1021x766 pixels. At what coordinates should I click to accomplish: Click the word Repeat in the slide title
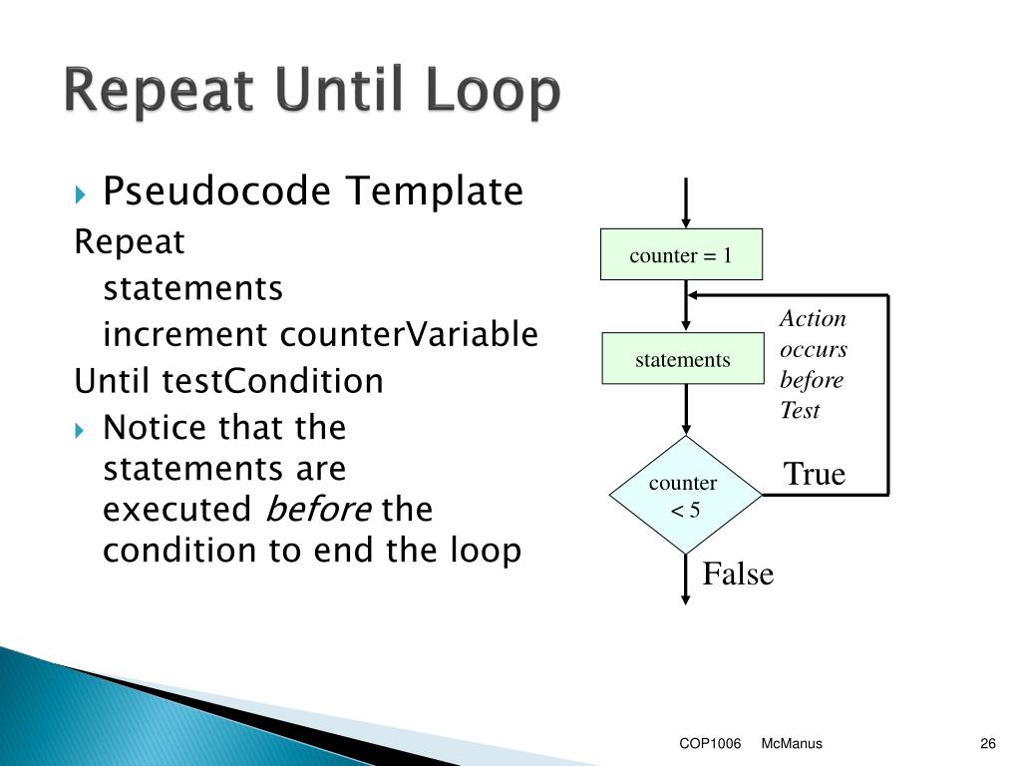pos(161,93)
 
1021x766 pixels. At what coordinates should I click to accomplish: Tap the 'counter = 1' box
pos(681,255)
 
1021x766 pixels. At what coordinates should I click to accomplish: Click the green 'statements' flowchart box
pos(683,359)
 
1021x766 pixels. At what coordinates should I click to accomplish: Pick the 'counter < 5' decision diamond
pos(685,496)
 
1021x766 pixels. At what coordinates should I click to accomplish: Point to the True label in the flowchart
pos(814,474)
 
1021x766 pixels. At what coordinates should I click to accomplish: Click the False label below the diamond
pos(738,574)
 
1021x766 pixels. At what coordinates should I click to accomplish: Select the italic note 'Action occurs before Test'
pos(813,364)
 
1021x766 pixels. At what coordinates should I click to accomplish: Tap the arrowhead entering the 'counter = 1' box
pos(686,221)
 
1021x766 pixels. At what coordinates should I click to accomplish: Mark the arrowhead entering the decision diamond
pos(686,428)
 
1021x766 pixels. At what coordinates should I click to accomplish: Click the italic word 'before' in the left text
pos(317,510)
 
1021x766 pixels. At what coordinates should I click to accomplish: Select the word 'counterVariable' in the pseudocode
pos(409,334)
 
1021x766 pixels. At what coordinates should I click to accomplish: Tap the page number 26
pos(988,744)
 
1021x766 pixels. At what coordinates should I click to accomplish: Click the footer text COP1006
pos(710,744)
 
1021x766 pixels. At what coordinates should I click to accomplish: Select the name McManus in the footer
pos(791,744)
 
